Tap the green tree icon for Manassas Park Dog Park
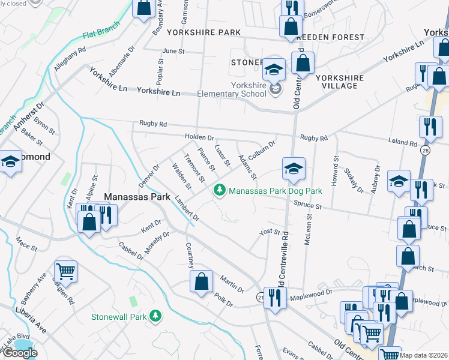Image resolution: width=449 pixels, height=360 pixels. [220, 190]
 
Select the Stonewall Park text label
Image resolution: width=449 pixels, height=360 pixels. [119, 316]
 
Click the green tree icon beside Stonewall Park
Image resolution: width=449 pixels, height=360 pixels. [155, 316]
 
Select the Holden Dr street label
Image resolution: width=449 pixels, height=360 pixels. [199, 137]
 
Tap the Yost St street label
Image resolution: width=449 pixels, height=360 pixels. [269, 232]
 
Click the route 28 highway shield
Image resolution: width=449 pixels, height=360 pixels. [424, 149]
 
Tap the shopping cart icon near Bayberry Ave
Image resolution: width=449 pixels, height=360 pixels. [66, 271]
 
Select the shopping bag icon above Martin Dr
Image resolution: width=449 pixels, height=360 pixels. [201, 281]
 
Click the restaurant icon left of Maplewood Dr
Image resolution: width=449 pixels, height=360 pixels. [275, 297]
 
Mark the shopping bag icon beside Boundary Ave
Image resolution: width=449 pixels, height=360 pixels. [143, 8]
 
